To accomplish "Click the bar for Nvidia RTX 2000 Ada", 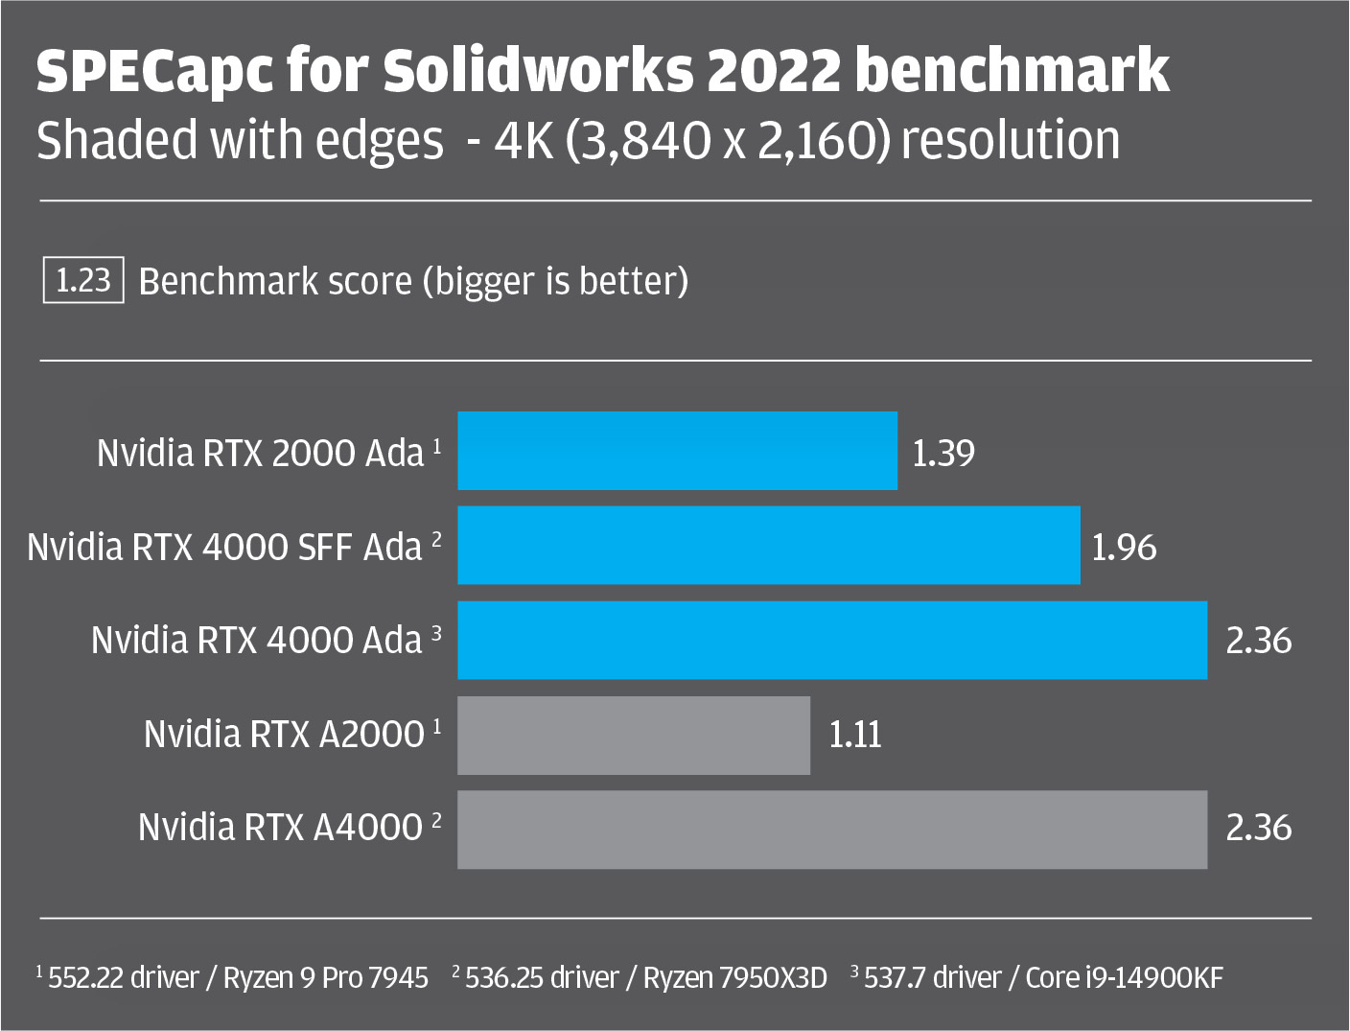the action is [x=677, y=451].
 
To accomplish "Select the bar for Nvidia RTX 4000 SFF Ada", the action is [x=769, y=545].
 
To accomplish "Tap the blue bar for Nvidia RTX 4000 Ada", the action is [x=832, y=641].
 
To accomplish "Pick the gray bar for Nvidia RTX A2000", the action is [x=634, y=735].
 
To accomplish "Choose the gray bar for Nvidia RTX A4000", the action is [x=832, y=830].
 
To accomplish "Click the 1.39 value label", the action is [x=943, y=454].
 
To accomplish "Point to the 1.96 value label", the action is [x=1124, y=548].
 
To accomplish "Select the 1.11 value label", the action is [x=855, y=735].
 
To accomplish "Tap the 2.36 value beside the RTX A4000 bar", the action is [x=1258, y=828].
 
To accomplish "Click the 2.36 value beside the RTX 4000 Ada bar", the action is [x=1258, y=641].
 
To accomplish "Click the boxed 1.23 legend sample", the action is [x=83, y=280].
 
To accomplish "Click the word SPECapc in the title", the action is [x=153, y=71].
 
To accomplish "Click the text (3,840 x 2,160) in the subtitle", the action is [x=728, y=141].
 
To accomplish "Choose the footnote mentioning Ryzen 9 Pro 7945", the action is [x=232, y=978].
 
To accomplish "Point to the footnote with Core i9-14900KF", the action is [x=1036, y=978].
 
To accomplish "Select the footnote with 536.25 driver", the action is [x=640, y=978].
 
